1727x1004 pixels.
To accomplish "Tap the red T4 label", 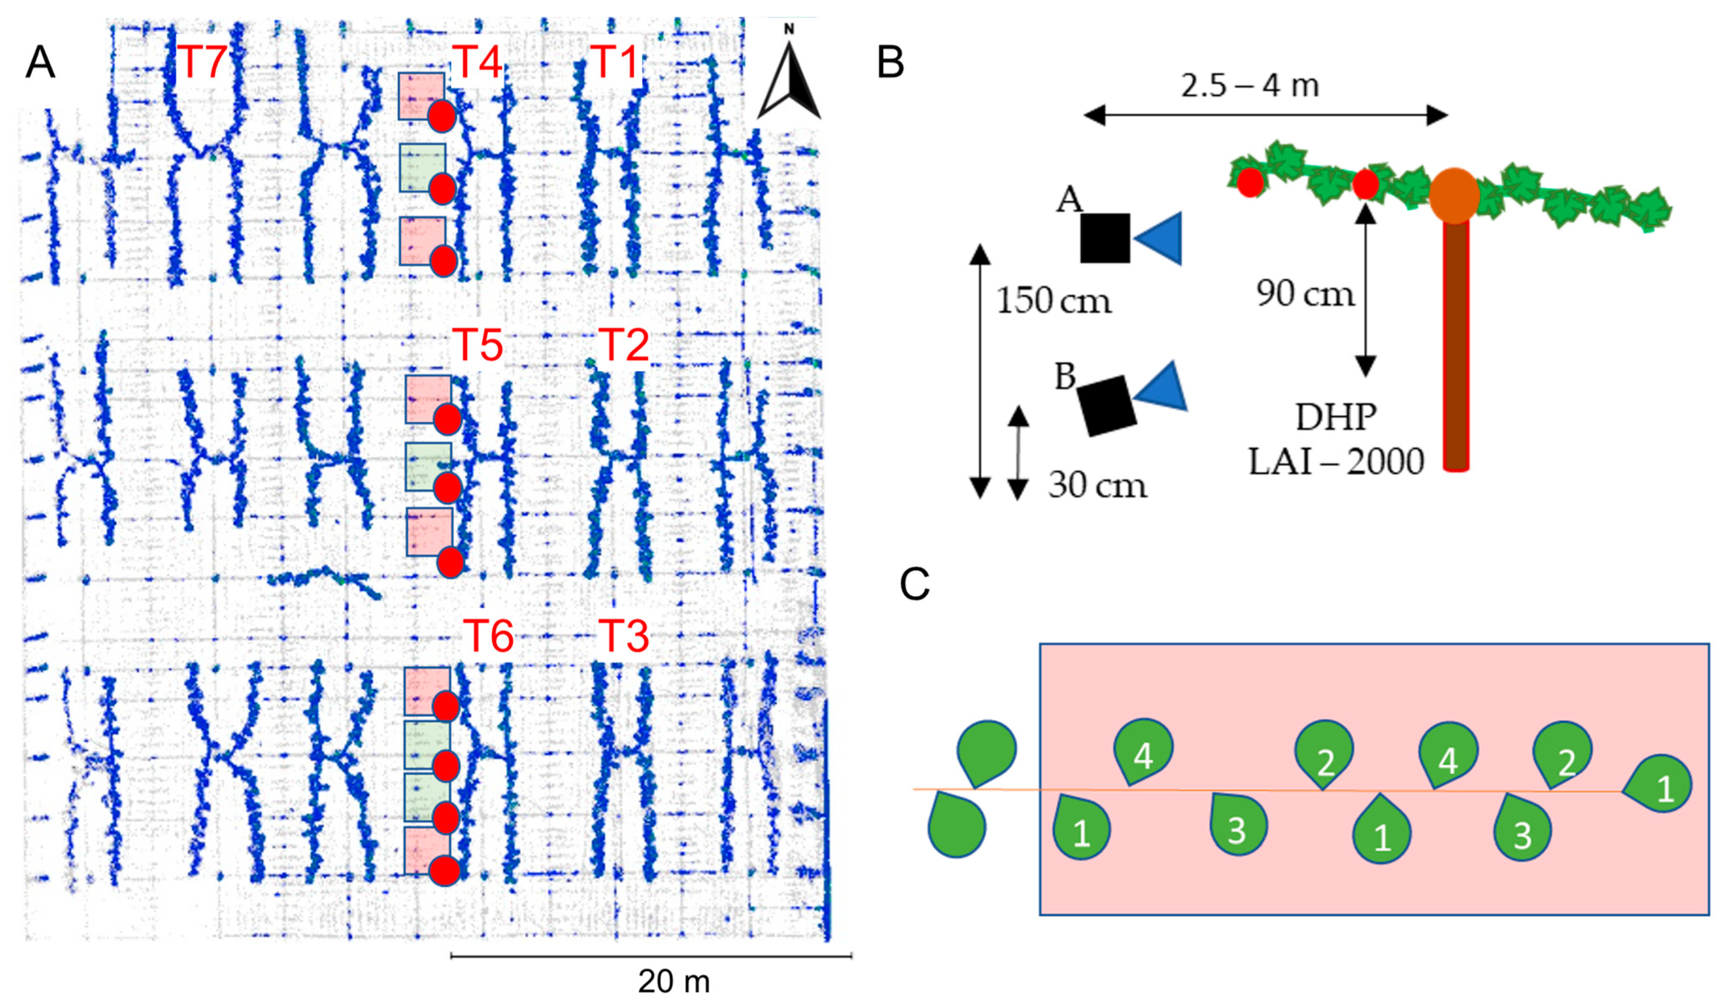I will coord(477,62).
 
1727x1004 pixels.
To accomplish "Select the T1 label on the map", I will coord(615,62).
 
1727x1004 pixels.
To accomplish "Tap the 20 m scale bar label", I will coord(674,981).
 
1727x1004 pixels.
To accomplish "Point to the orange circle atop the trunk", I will coord(1454,196).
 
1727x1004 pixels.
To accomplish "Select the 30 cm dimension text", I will coord(1097,485).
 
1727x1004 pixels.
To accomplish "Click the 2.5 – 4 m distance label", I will coord(1249,86).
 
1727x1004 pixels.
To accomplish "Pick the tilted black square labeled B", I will coord(1106,406).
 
